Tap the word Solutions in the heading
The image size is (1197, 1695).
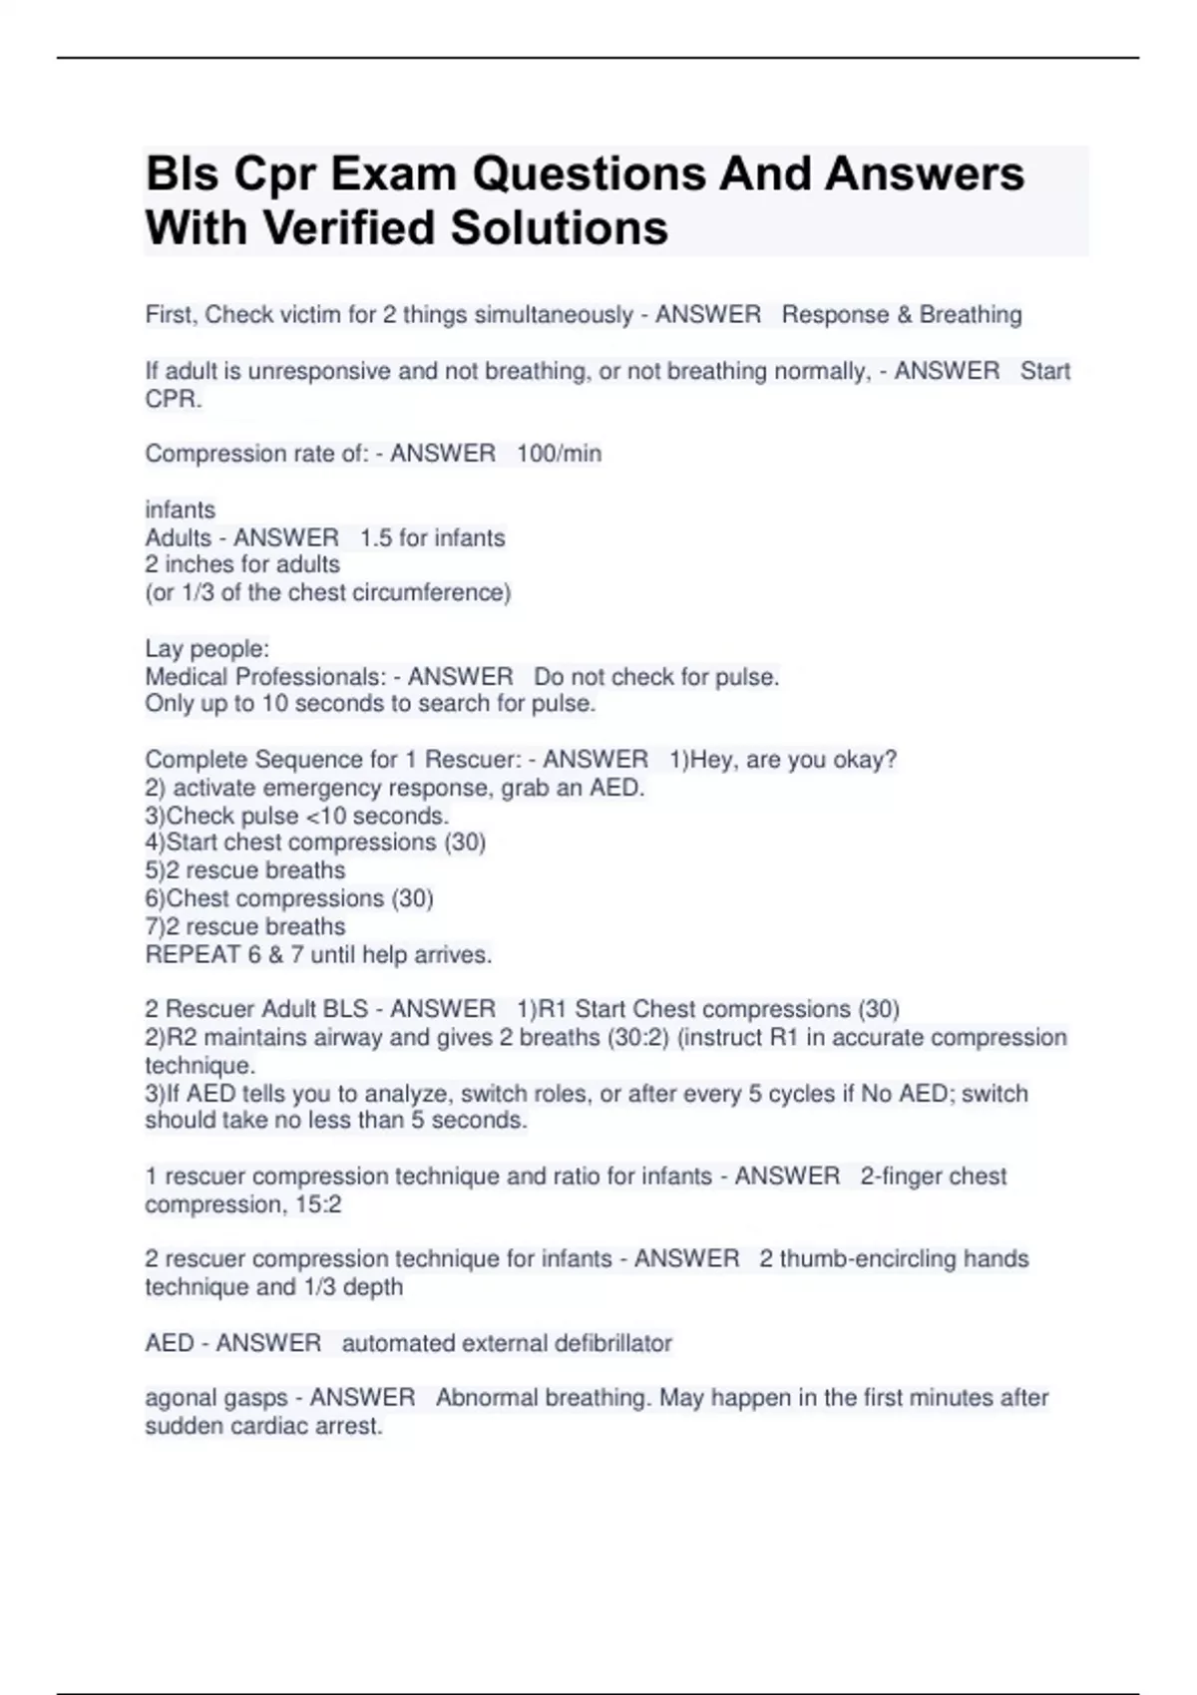pos(560,228)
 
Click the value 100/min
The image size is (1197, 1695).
pos(559,454)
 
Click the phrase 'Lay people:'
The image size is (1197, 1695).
pos(207,649)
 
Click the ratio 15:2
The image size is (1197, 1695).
pos(318,1204)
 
